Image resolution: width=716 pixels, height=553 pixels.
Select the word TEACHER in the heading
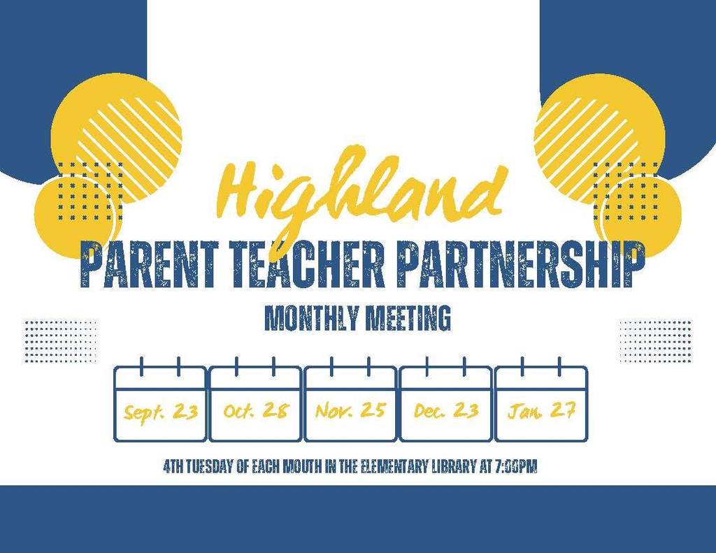click(307, 265)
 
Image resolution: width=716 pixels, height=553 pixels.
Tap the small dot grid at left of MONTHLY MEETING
click(60, 341)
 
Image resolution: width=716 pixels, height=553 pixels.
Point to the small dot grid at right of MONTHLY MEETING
click(655, 341)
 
